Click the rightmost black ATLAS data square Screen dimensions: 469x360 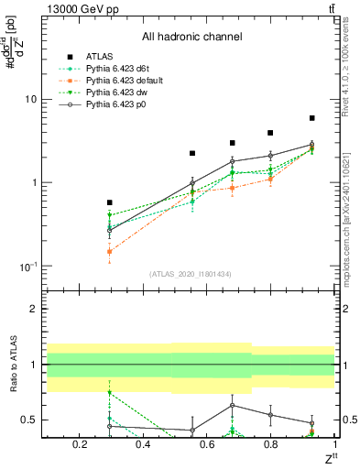tap(312, 118)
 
